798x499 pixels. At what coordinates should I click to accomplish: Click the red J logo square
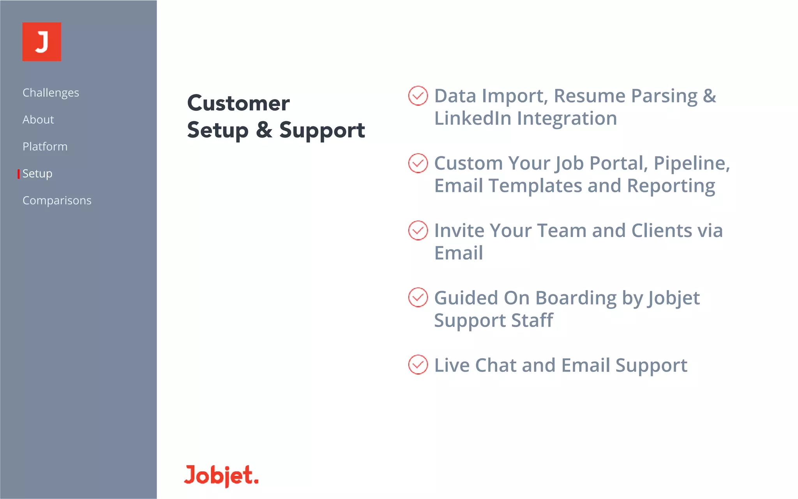click(x=42, y=42)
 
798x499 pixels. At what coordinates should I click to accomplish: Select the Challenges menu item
click(x=51, y=93)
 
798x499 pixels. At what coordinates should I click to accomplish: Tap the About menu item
click(x=38, y=120)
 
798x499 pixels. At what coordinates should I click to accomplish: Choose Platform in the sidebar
click(x=45, y=147)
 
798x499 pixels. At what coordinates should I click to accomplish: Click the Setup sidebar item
click(x=37, y=173)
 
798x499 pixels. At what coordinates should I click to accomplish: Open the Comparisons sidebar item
click(x=57, y=200)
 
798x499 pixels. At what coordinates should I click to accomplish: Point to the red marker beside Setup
click(x=18, y=174)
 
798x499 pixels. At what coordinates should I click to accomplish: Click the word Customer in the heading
click(x=238, y=103)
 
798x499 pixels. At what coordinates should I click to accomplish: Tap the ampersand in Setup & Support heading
click(x=264, y=130)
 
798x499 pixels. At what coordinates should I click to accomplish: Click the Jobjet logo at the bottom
click(x=221, y=475)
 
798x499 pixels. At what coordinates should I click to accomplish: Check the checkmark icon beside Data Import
click(x=418, y=96)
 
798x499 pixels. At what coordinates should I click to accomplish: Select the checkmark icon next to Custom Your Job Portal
click(x=418, y=163)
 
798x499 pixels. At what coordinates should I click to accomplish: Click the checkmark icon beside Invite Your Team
click(x=418, y=230)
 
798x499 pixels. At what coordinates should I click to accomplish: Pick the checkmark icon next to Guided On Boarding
click(x=418, y=297)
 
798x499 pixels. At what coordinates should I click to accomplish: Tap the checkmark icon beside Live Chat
click(x=418, y=365)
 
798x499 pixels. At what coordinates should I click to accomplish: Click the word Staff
click(x=532, y=320)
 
